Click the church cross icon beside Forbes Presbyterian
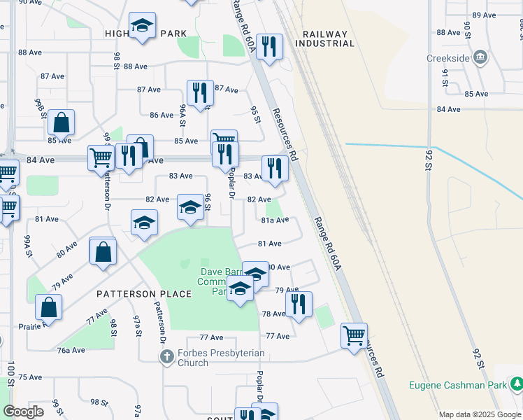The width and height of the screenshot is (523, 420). (x=166, y=358)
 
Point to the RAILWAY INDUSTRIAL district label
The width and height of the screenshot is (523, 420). (x=325, y=38)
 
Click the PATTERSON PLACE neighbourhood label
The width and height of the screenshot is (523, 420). (x=144, y=294)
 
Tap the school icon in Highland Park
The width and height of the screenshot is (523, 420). (x=143, y=27)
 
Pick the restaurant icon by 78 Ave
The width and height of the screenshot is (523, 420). (x=299, y=304)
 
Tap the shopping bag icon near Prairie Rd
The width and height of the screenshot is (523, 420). (x=48, y=307)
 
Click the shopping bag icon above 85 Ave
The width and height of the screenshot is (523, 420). (x=62, y=122)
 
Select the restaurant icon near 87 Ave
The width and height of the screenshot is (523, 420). (x=200, y=92)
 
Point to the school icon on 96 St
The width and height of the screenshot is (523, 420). (x=190, y=207)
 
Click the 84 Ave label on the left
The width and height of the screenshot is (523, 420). (x=40, y=160)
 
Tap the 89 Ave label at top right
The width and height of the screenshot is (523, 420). (x=484, y=15)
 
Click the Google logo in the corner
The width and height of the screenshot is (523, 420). (x=23, y=412)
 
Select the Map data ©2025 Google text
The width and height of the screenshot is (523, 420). (x=479, y=414)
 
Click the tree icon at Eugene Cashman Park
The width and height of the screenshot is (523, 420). (x=516, y=384)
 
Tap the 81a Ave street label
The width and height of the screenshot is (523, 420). (x=275, y=220)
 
